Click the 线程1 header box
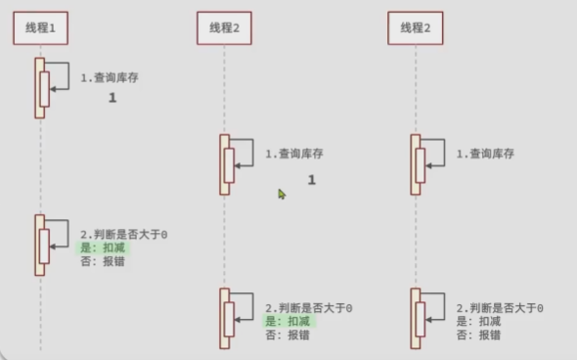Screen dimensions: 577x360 (x=41, y=28)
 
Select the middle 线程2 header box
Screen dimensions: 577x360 (x=224, y=28)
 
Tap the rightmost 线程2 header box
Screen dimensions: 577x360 (x=416, y=28)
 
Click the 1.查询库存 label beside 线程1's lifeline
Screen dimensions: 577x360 (x=110, y=77)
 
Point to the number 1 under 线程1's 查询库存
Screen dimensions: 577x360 (x=112, y=99)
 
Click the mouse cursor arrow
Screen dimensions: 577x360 (x=282, y=194)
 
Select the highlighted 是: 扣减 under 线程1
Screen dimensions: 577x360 (x=104, y=248)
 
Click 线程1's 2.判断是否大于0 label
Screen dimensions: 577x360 (x=123, y=234)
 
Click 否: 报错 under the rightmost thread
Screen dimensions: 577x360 (x=479, y=335)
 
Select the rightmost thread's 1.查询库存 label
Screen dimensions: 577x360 (x=485, y=154)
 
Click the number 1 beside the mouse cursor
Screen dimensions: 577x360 (x=312, y=180)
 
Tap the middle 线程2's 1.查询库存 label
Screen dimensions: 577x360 (x=294, y=154)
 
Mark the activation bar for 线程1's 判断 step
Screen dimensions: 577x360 (x=41, y=246)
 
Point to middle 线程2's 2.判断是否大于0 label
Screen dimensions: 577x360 (x=308, y=307)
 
